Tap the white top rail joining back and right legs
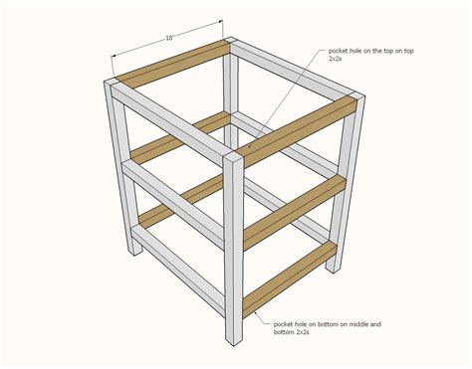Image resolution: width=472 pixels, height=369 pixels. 293,71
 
